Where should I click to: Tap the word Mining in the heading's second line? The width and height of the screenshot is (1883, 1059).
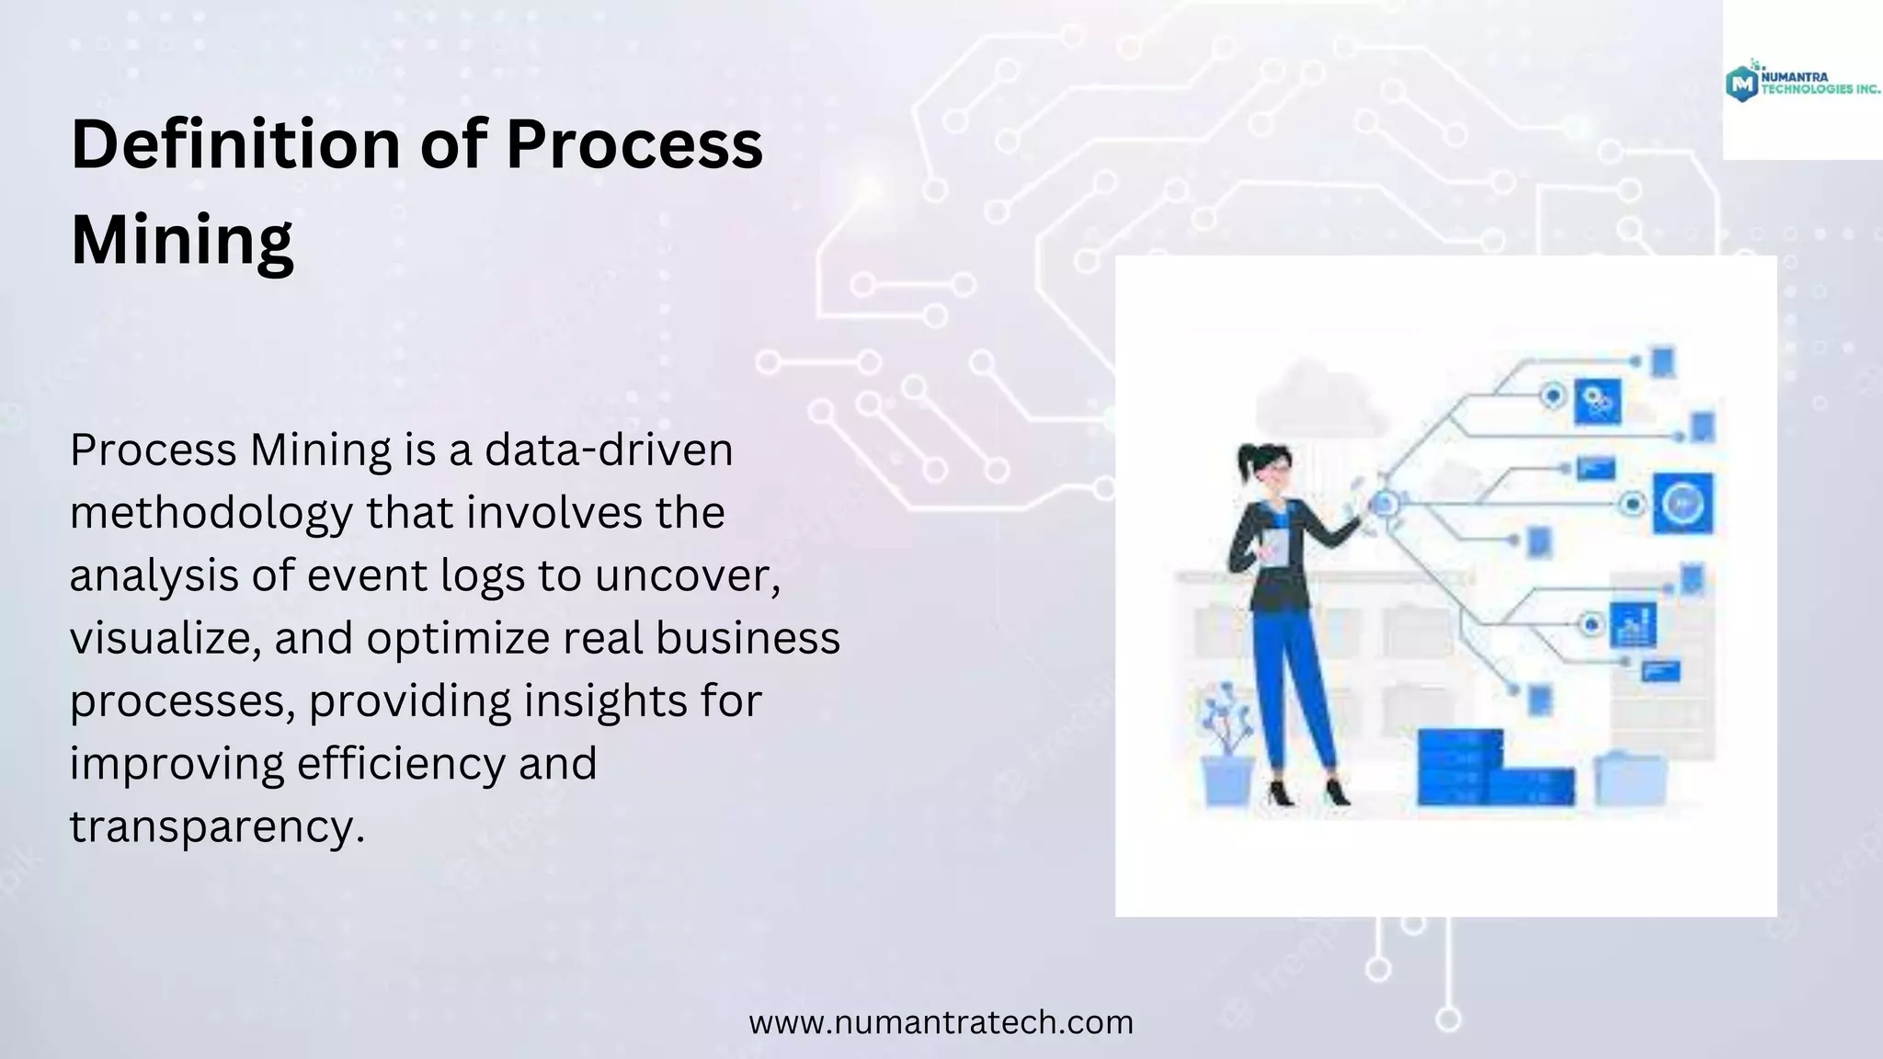coord(182,240)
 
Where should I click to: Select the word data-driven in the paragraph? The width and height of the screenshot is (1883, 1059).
coord(609,450)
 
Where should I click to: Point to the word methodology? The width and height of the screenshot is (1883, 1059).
coord(211,513)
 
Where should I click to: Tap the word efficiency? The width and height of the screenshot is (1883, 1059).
coord(401,763)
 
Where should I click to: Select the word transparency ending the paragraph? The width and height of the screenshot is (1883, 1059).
coord(217,826)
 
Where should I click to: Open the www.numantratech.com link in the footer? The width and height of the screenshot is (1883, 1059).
coord(941,1022)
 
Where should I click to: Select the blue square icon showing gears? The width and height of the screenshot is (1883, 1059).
coord(1597,402)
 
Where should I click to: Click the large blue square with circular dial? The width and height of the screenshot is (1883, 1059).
coord(1683,504)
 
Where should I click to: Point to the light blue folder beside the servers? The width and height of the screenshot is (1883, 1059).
coord(1629,779)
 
